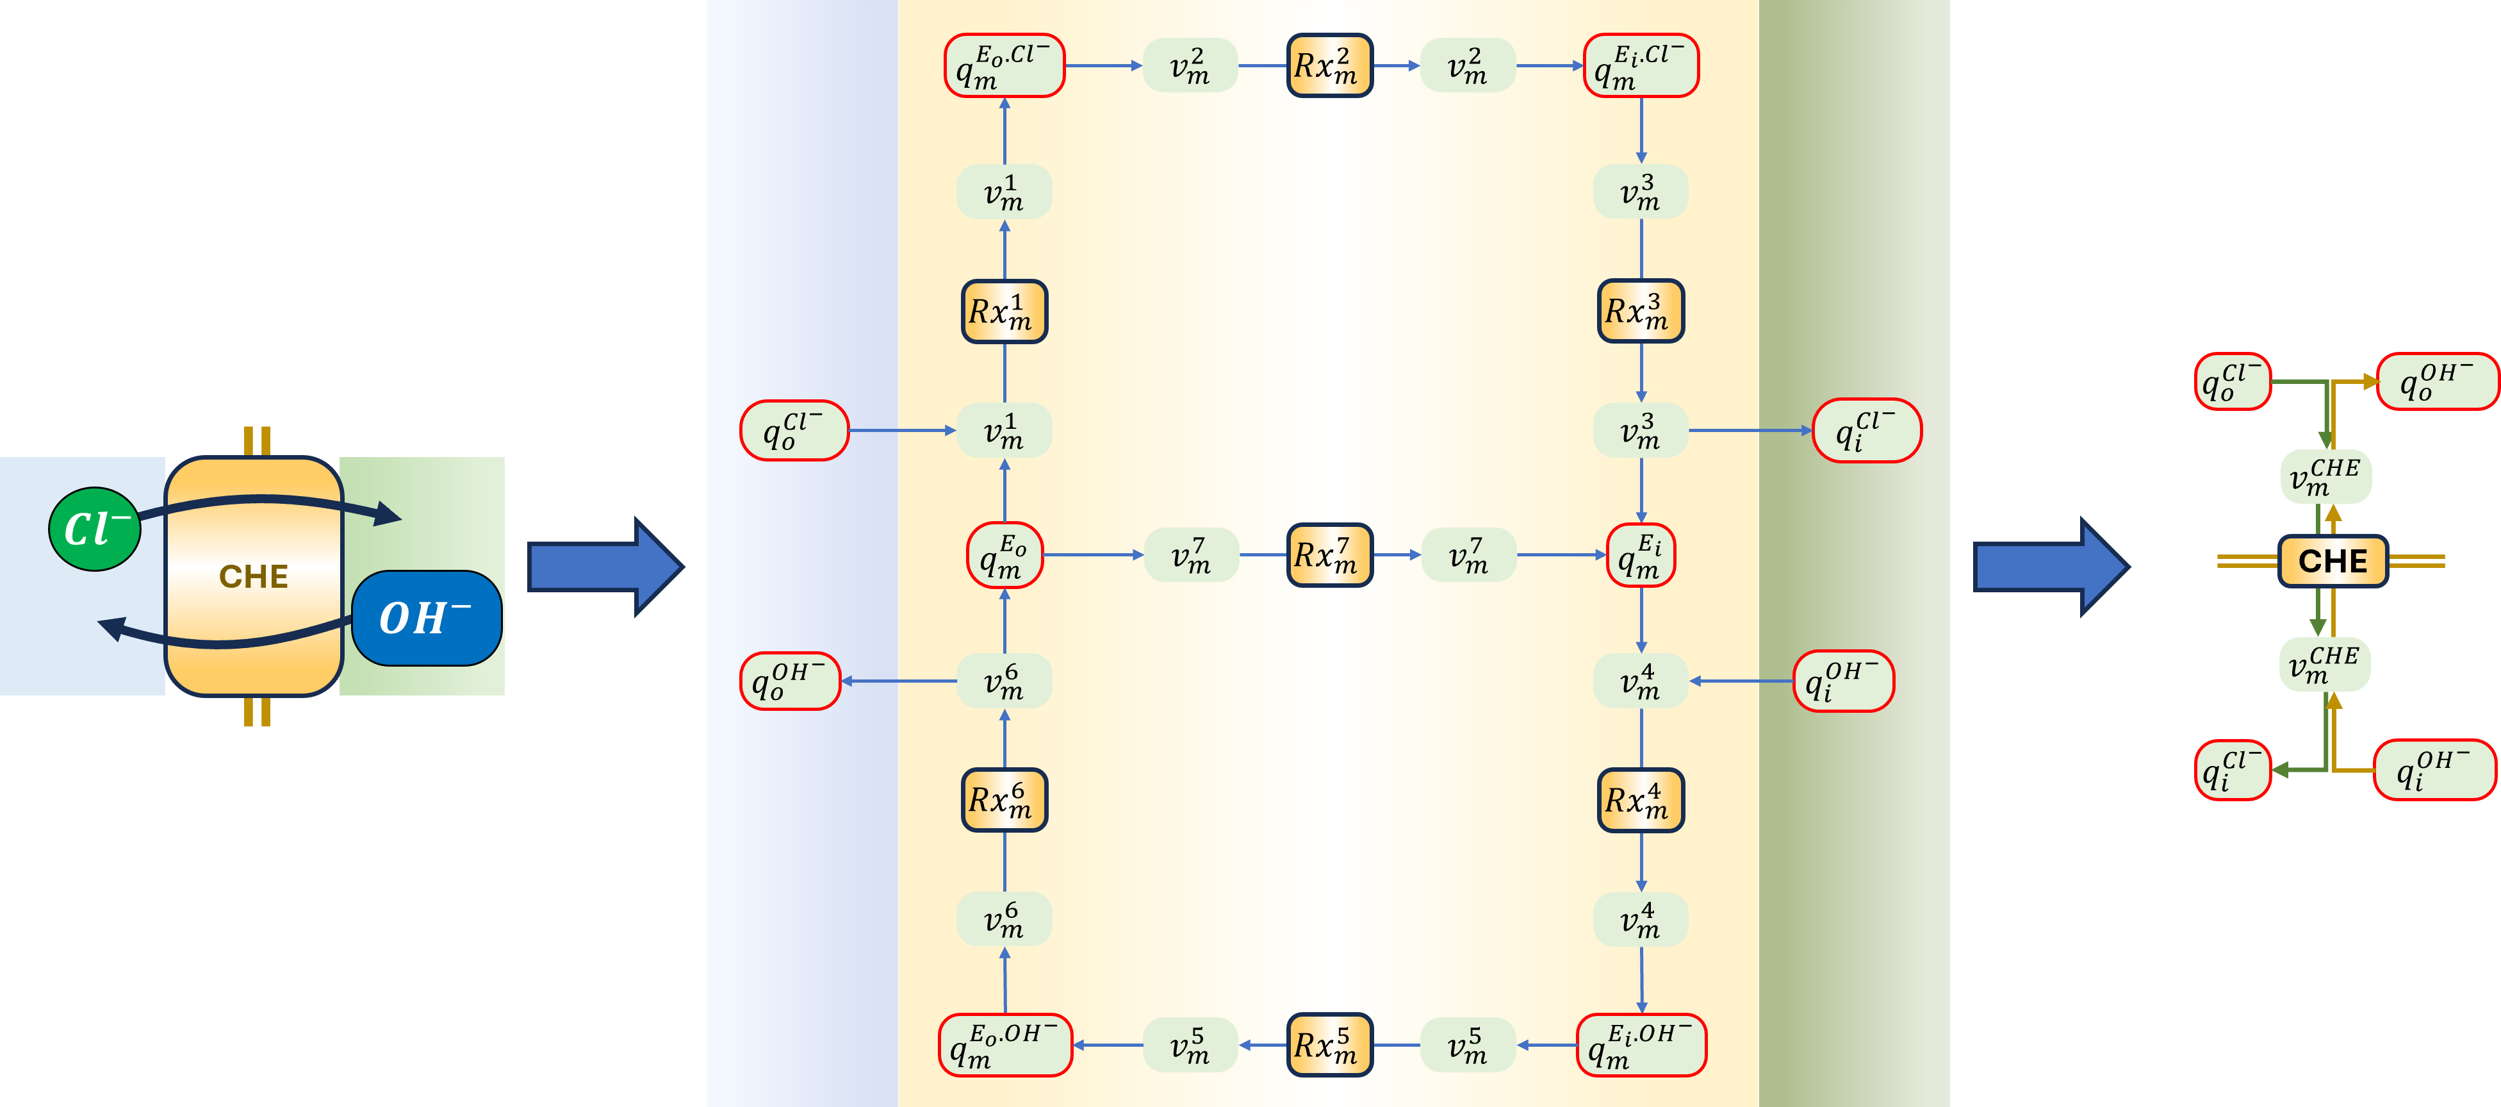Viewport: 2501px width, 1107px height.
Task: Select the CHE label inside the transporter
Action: coord(254,577)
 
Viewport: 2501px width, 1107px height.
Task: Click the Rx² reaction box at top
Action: coord(1329,66)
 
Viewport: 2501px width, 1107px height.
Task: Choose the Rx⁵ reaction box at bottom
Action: coord(1329,1045)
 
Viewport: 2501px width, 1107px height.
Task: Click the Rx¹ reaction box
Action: coord(1004,312)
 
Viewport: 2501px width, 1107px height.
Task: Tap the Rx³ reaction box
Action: coord(1641,312)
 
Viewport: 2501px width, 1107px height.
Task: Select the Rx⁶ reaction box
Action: coord(1004,800)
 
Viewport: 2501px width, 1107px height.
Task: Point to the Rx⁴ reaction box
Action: coord(1641,800)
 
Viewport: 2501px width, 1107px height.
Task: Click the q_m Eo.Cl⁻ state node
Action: coord(1004,66)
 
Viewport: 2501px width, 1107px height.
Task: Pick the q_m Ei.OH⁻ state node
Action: coord(1641,1045)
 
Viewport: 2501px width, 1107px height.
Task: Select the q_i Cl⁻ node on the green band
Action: coord(1866,430)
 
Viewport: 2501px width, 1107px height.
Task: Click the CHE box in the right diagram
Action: coord(2332,562)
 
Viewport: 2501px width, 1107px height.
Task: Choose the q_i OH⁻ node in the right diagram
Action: coord(2434,770)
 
